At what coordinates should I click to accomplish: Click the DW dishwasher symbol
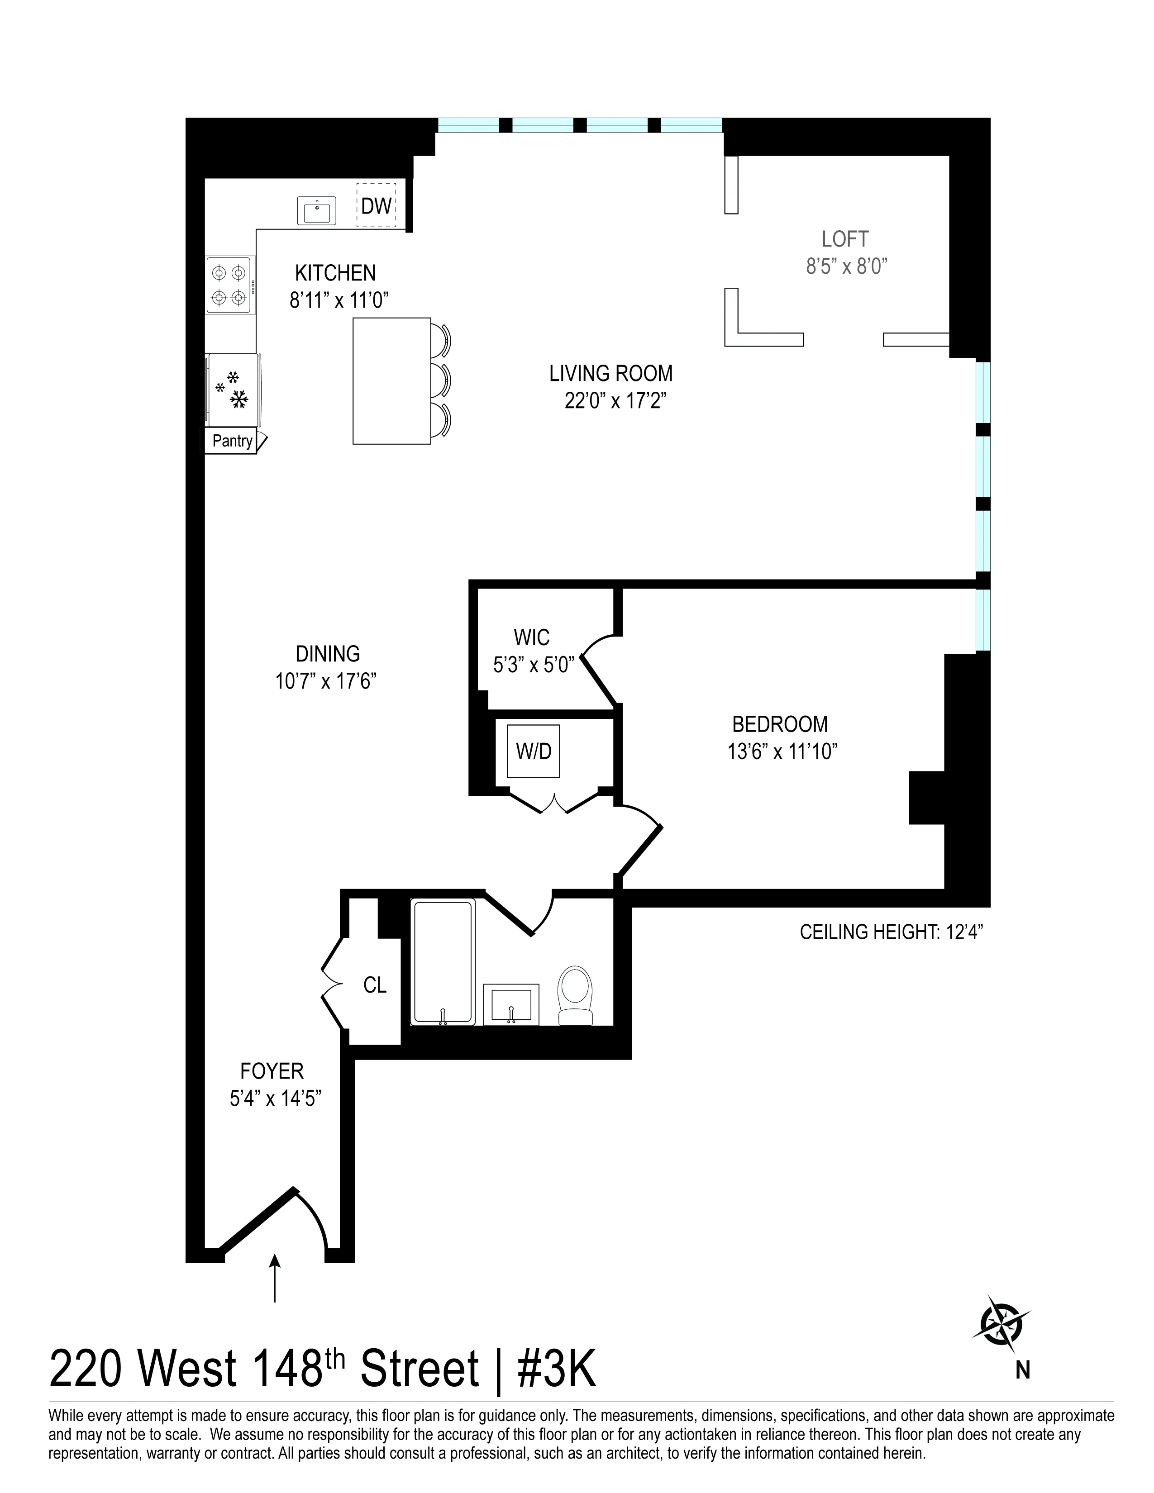[375, 205]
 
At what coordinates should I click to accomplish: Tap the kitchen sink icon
[316, 210]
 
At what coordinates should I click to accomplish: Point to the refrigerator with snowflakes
[233, 391]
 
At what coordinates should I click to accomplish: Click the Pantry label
[232, 441]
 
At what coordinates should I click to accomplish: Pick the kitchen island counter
[391, 381]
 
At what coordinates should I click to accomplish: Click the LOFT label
[845, 239]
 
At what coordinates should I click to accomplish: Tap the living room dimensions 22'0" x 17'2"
[615, 400]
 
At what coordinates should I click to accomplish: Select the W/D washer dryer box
[533, 751]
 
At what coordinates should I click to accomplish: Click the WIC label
[531, 637]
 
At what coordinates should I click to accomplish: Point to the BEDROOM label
[779, 724]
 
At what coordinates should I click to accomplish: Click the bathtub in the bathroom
[443, 962]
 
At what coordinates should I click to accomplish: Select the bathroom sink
[510, 1004]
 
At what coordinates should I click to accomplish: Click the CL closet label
[375, 985]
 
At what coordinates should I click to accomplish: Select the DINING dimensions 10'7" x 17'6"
[326, 681]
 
